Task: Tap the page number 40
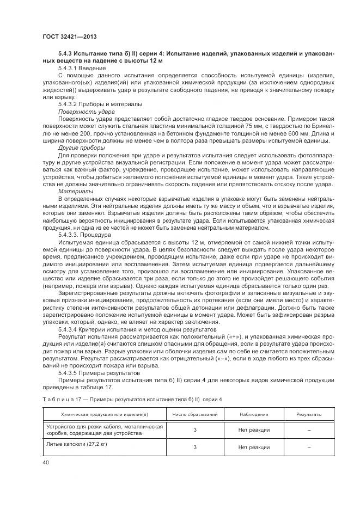(45, 462)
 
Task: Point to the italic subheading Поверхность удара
(83, 111)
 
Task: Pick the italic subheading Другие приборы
(80, 146)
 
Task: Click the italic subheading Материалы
(76, 191)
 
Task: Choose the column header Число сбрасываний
(195, 415)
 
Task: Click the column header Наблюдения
(254, 415)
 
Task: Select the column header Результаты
(308, 415)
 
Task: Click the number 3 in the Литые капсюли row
(195, 447)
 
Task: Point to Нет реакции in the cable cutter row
(254, 430)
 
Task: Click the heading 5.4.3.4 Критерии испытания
(109, 330)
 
